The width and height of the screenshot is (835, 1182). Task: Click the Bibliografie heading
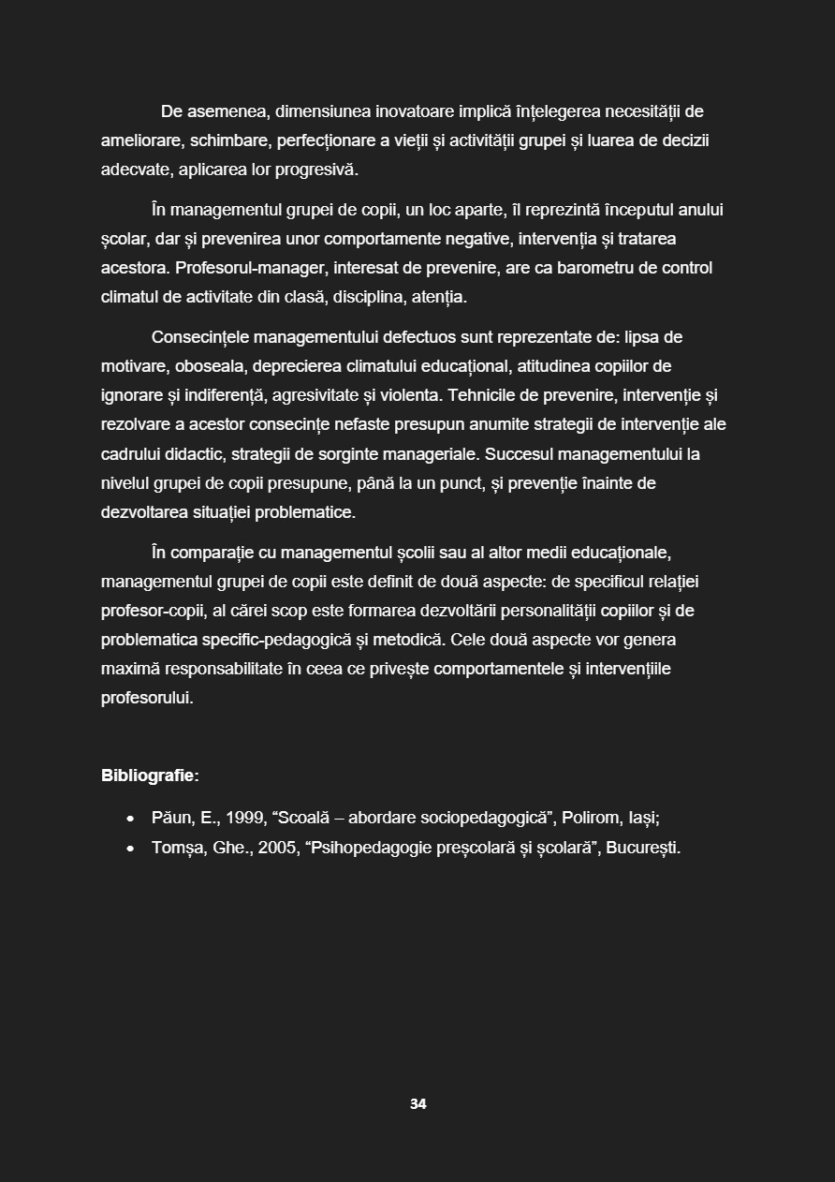(x=150, y=776)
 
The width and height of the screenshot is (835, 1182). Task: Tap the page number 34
(x=417, y=1104)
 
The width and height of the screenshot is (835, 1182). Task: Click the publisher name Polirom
(x=592, y=818)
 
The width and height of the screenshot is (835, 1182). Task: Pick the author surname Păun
(x=172, y=818)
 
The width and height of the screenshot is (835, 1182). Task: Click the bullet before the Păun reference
(x=130, y=819)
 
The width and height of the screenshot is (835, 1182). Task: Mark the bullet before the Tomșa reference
(x=130, y=849)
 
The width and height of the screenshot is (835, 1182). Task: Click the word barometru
(x=597, y=268)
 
